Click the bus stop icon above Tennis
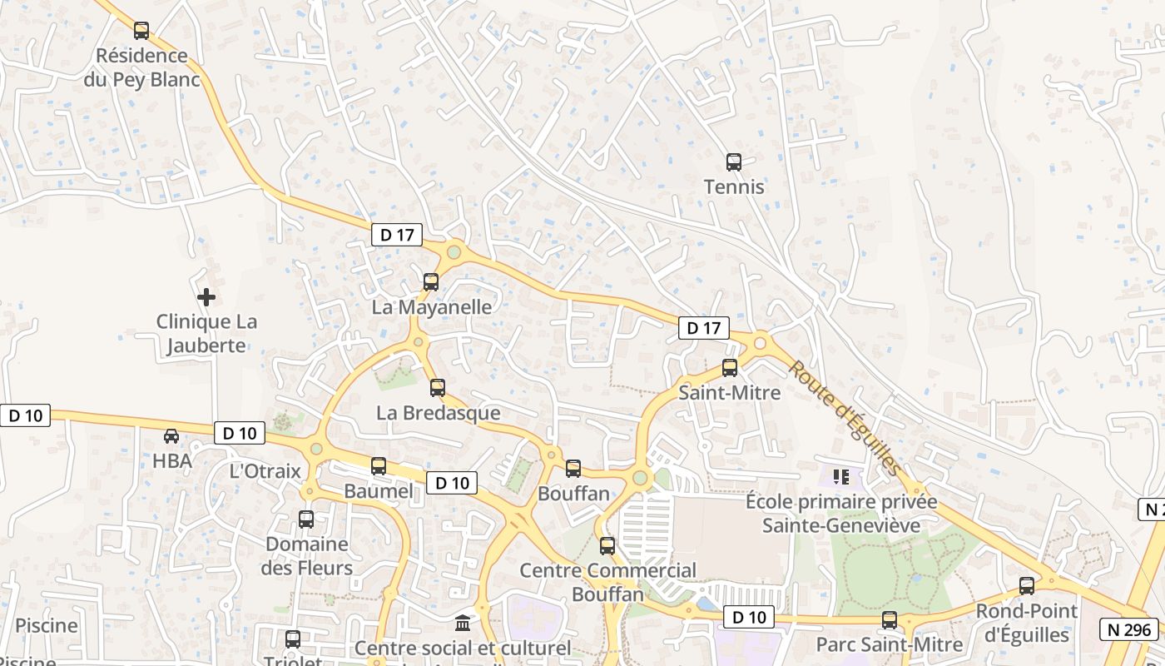(733, 162)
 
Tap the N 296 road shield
(1128, 629)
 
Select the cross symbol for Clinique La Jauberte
(206, 296)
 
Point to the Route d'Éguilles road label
(845, 418)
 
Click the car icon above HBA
(171, 436)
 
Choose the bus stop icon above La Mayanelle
(430, 282)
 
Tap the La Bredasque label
(439, 413)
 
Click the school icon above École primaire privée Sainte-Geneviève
(841, 477)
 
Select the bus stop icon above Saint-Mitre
(730, 367)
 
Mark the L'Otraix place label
(265, 471)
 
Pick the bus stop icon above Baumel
(379, 466)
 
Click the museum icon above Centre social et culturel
(463, 623)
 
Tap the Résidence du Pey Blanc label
(142, 67)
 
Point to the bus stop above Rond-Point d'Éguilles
(1027, 586)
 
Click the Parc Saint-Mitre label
(890, 644)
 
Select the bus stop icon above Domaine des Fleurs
(306, 519)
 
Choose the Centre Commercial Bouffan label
(608, 582)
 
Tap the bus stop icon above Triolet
(292, 639)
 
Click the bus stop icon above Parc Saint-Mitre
(890, 620)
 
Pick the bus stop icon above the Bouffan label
(573, 469)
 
